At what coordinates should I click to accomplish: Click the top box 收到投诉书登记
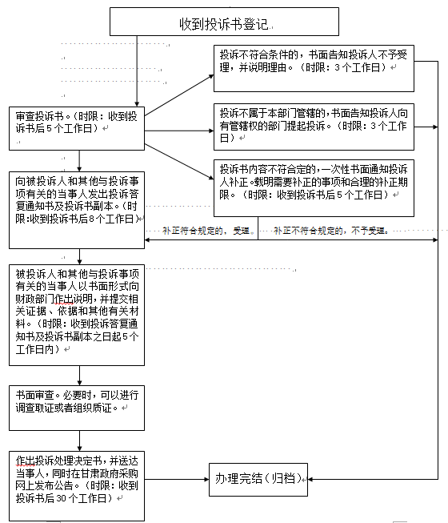point(224,22)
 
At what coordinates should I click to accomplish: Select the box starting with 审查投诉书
point(77,128)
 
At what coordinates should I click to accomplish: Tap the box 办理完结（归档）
point(258,480)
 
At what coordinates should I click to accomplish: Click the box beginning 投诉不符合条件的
point(314,68)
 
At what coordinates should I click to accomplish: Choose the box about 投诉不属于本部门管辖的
point(314,127)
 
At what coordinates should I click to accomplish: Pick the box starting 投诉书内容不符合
point(314,188)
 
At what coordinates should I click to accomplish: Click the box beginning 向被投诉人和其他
point(77,210)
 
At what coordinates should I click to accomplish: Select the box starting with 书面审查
point(77,408)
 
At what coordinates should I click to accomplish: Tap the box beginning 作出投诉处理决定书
point(77,486)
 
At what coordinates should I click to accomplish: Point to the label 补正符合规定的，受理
point(206,231)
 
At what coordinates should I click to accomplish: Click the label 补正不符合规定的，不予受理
point(330,231)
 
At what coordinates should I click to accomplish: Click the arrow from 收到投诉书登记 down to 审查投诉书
point(137,71)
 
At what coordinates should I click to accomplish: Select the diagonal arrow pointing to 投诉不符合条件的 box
point(179,95)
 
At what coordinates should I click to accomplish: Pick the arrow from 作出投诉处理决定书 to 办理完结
point(177,480)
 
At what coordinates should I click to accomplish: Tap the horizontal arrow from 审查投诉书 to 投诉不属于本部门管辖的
point(179,131)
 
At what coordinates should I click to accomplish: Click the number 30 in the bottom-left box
point(62,499)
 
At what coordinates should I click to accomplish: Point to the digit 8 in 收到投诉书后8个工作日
point(91,219)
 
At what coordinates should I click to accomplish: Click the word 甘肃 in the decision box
point(85,473)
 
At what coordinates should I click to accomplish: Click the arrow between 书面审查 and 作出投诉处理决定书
point(79,441)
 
